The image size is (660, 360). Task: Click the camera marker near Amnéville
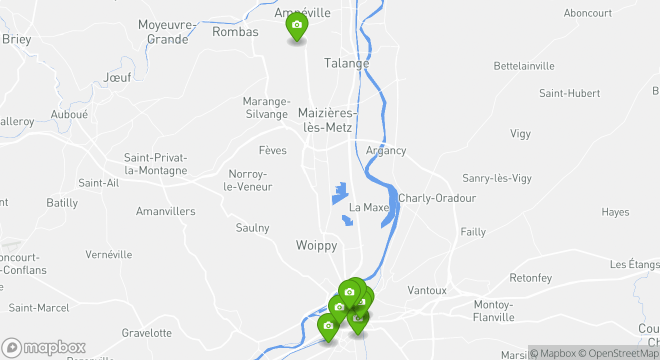pos(296,25)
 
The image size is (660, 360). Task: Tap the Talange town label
pos(346,63)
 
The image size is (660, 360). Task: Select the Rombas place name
pos(235,32)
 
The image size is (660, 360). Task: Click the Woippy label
pos(316,245)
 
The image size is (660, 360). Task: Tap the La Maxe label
pos(368,207)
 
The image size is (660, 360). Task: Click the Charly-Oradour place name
pos(437,198)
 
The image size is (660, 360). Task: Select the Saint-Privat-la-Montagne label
pos(155,164)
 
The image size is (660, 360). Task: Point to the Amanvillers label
pos(165,211)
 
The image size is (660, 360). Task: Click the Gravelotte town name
pos(146,333)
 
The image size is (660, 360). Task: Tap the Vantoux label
pos(426,290)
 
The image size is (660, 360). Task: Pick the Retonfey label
pos(530,278)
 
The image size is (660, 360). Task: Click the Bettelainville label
pos(524,66)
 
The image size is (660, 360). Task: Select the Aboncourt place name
pos(587,13)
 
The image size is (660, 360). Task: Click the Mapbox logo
pos(44,347)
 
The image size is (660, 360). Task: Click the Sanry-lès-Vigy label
pos(496,178)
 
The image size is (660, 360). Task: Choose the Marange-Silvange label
pos(266,108)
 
